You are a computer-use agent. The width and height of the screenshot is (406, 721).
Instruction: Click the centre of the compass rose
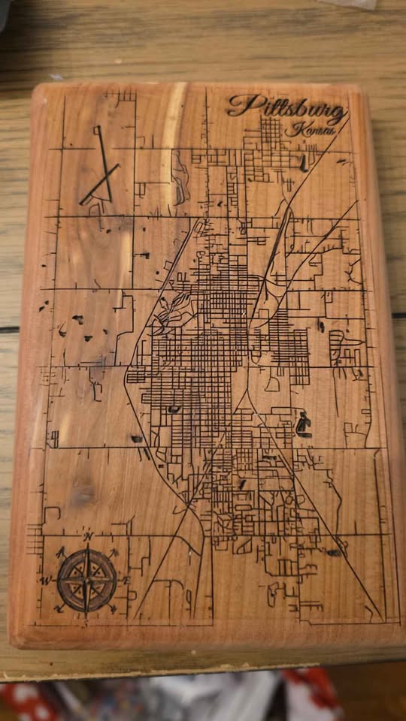coord(86,578)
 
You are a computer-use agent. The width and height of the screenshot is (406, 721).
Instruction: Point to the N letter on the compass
coord(88,537)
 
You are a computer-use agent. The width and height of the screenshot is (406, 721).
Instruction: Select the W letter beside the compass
coord(46,581)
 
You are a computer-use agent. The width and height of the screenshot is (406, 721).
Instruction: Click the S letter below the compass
coord(87,620)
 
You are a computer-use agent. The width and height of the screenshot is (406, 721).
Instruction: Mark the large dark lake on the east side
coord(303,425)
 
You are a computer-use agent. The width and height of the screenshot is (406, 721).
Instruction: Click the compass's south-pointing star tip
coord(87,610)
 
